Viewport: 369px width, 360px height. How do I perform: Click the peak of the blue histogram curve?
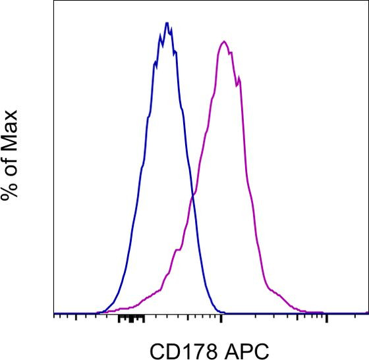[167, 24]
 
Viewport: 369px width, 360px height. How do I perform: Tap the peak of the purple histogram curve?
[225, 42]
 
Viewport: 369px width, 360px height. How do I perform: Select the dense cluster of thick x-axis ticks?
[132, 319]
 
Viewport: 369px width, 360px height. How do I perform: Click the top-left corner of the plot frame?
[53, 1]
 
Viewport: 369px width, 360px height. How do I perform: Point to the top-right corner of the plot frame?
[368, 1]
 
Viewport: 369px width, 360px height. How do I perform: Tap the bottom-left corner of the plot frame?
[53, 314]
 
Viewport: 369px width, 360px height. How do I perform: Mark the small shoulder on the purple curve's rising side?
[177, 250]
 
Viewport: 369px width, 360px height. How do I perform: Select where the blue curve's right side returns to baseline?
[221, 312]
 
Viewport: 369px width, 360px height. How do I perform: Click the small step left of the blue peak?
[155, 64]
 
